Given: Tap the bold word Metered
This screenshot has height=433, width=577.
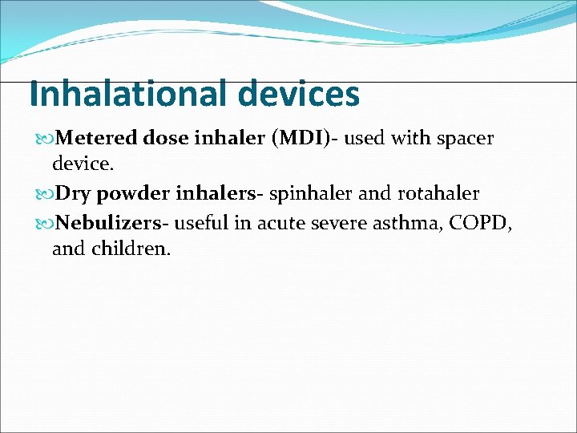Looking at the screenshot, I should pyautogui.click(x=99, y=139).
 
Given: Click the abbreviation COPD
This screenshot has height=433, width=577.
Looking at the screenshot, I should pyautogui.click(x=477, y=222).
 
